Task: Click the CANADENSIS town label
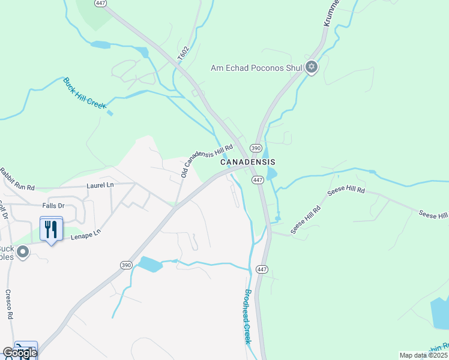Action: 247,163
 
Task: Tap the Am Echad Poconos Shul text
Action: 256,68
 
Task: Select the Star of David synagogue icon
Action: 311,67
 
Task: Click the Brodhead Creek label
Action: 247,316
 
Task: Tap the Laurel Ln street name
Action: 100,186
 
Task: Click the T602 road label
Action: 184,53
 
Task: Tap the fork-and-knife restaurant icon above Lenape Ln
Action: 51,229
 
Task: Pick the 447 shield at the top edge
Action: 100,3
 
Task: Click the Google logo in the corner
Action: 20,353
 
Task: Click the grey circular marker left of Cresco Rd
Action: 23,252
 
